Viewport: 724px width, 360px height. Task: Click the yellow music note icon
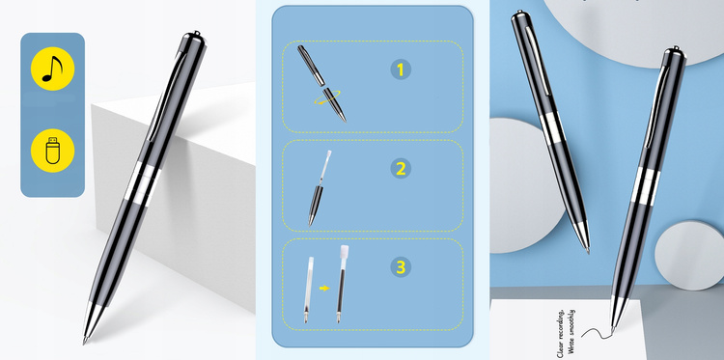tap(52, 69)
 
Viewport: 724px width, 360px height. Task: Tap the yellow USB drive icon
tap(52, 151)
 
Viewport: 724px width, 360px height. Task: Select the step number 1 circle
tap(401, 69)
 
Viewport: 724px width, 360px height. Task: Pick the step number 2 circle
tap(401, 169)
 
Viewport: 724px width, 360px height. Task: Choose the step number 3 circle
tap(401, 267)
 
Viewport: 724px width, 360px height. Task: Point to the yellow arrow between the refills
tap(325, 288)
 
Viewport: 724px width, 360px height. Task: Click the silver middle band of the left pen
tap(145, 182)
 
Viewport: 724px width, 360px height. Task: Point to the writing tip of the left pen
tap(85, 342)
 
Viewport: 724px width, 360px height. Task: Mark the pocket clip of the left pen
tap(165, 96)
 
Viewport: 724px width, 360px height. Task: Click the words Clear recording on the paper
tap(561, 333)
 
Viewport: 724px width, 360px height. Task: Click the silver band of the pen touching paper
tap(646, 186)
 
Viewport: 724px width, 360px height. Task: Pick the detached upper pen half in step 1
tap(310, 65)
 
